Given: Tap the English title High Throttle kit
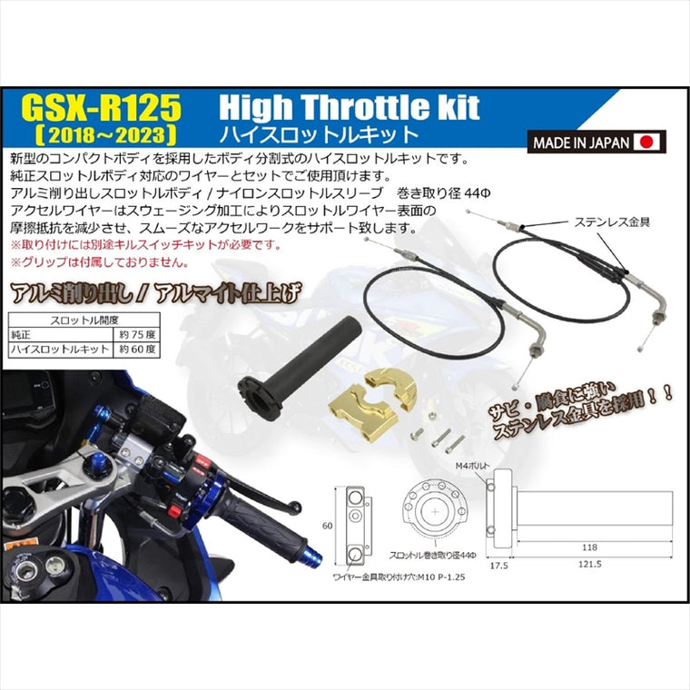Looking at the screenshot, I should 350,109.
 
